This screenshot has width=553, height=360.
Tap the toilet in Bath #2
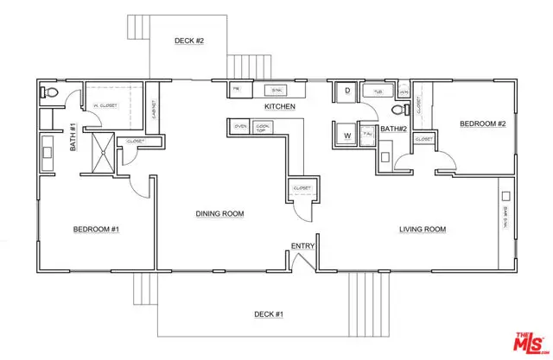(398, 110)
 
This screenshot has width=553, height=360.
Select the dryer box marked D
(346, 91)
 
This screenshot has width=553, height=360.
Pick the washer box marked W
(346, 135)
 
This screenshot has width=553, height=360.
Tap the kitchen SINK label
(274, 90)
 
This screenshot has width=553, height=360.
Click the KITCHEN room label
(280, 106)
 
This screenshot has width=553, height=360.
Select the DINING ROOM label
(219, 213)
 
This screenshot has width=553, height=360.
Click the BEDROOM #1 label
(96, 229)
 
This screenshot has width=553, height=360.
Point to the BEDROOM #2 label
(481, 123)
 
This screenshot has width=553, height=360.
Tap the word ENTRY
(302, 246)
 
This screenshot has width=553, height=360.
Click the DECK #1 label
(269, 313)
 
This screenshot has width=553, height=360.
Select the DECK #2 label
(188, 40)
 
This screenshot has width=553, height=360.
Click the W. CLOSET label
(105, 106)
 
